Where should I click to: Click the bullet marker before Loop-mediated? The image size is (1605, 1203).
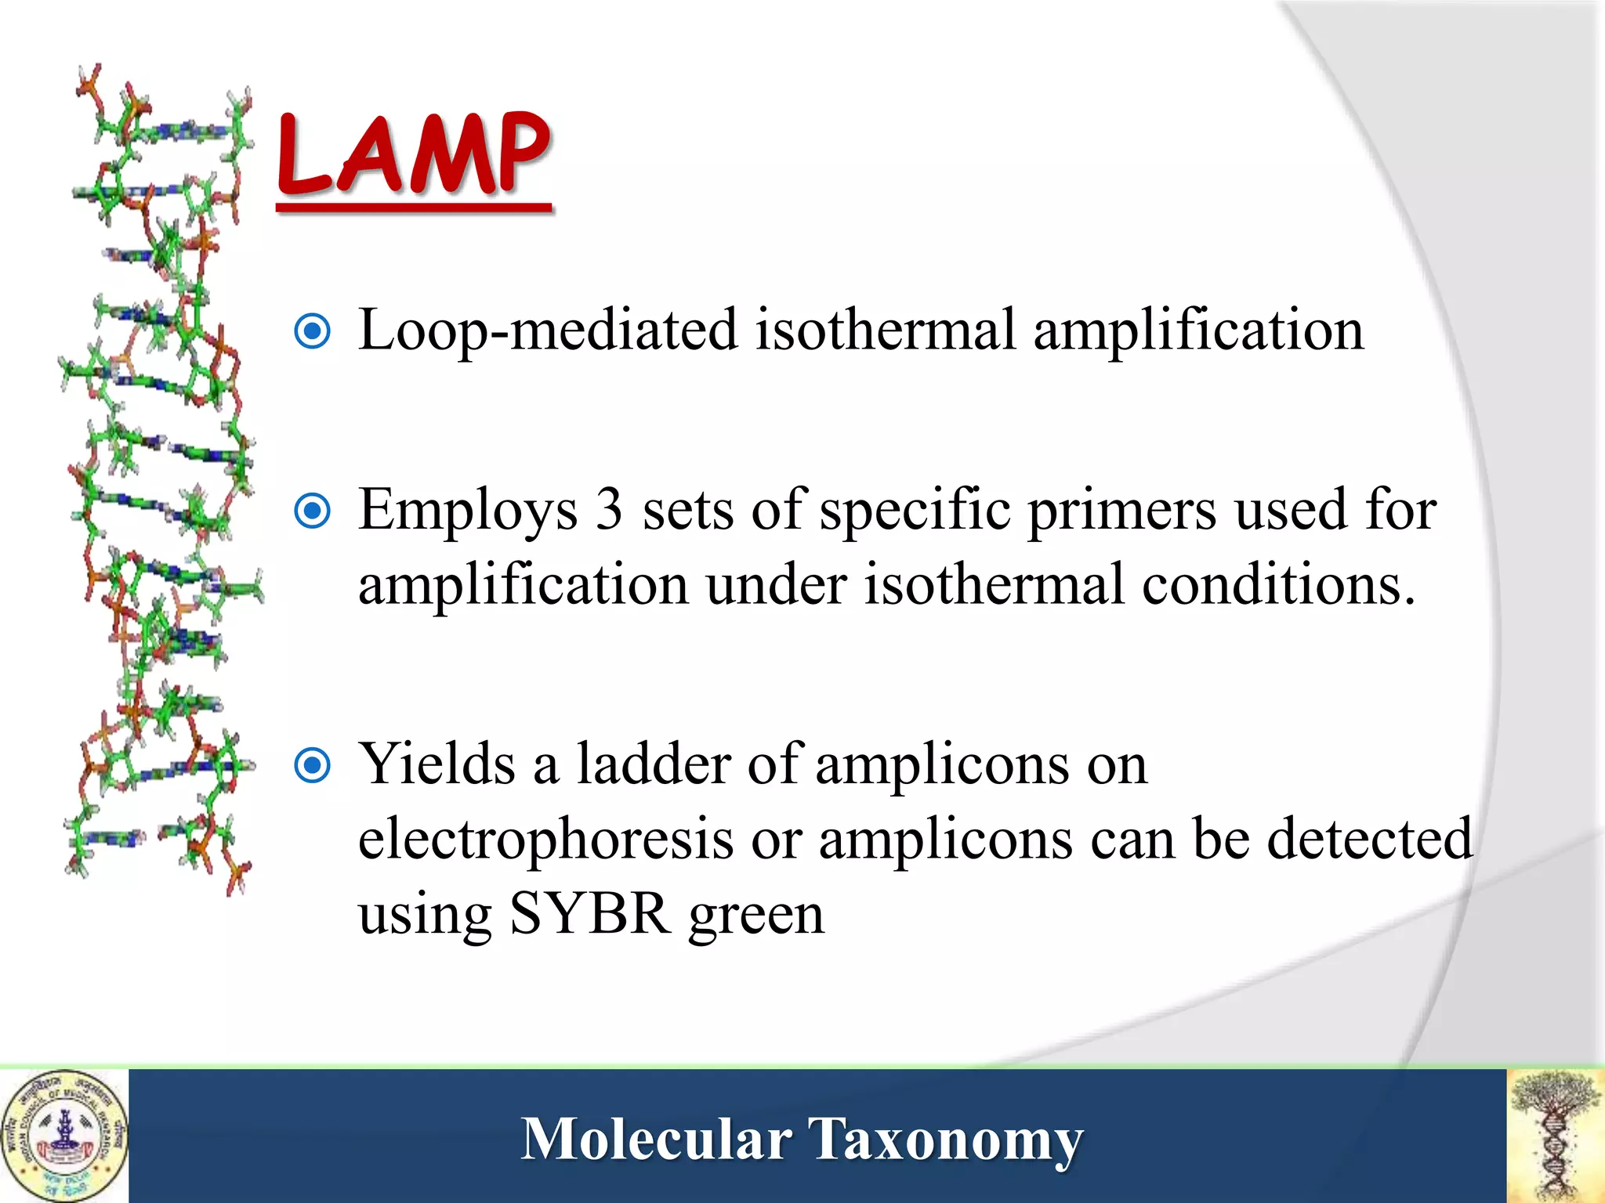[x=312, y=331]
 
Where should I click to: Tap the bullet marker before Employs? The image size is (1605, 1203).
[x=312, y=511]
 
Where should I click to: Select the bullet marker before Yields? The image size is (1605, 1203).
[x=312, y=765]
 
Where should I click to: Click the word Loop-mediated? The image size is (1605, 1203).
[x=547, y=331]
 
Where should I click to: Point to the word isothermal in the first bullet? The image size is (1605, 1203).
[x=886, y=330]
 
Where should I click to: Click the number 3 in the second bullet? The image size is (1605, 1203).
[x=609, y=510]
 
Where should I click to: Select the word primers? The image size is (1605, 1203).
[x=1122, y=511]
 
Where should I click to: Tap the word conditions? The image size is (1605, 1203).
[x=1278, y=584]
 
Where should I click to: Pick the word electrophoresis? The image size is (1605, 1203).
[x=545, y=840]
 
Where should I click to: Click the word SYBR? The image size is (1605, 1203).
[x=589, y=913]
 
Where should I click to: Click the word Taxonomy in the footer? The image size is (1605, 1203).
[x=945, y=1140]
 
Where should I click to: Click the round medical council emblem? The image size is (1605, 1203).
[x=64, y=1136]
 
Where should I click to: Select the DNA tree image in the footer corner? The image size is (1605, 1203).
[x=1556, y=1136]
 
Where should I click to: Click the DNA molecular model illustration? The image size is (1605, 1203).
[x=161, y=478]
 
